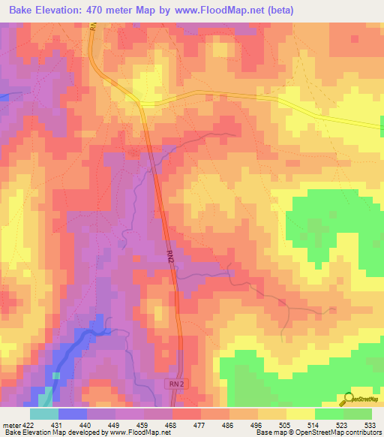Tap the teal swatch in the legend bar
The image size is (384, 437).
click(43, 414)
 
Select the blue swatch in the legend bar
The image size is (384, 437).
click(72, 414)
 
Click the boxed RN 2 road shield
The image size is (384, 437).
click(175, 384)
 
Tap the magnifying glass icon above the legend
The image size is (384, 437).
click(348, 398)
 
